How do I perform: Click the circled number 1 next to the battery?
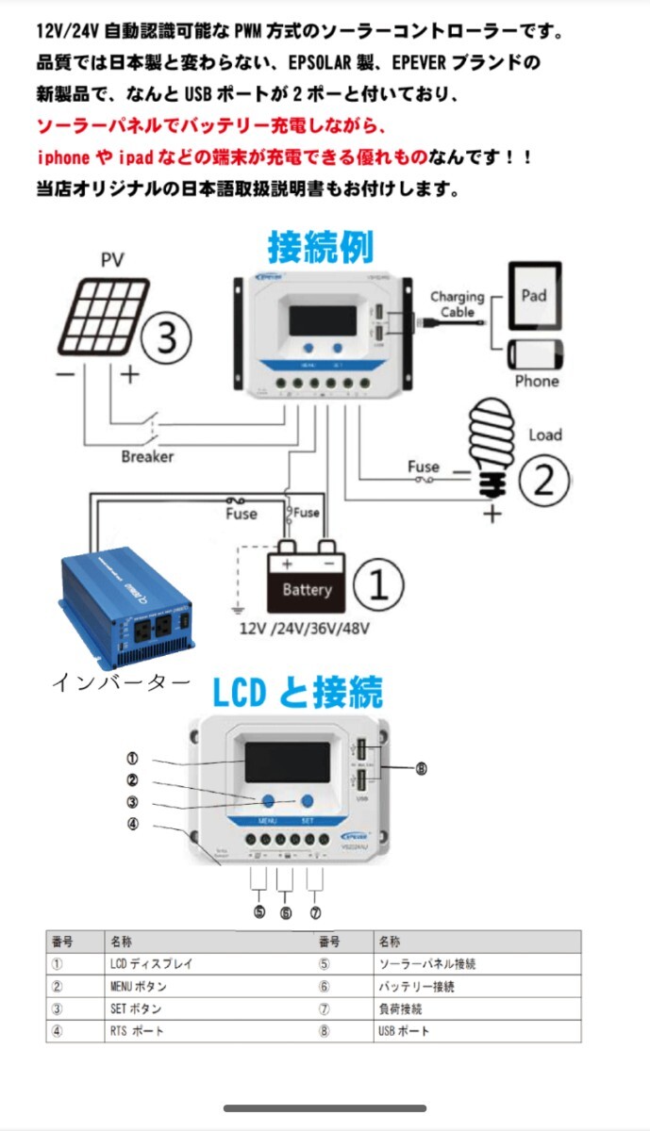pos(377,584)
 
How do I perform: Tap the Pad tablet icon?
pos(534,296)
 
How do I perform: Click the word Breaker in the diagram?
pos(147,456)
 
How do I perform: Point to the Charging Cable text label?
pos(457,304)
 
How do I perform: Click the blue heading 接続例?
pos(320,247)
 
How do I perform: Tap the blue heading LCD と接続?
pos(296,694)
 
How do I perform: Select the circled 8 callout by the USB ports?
pos(421,768)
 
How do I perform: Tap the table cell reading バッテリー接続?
pos(416,987)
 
